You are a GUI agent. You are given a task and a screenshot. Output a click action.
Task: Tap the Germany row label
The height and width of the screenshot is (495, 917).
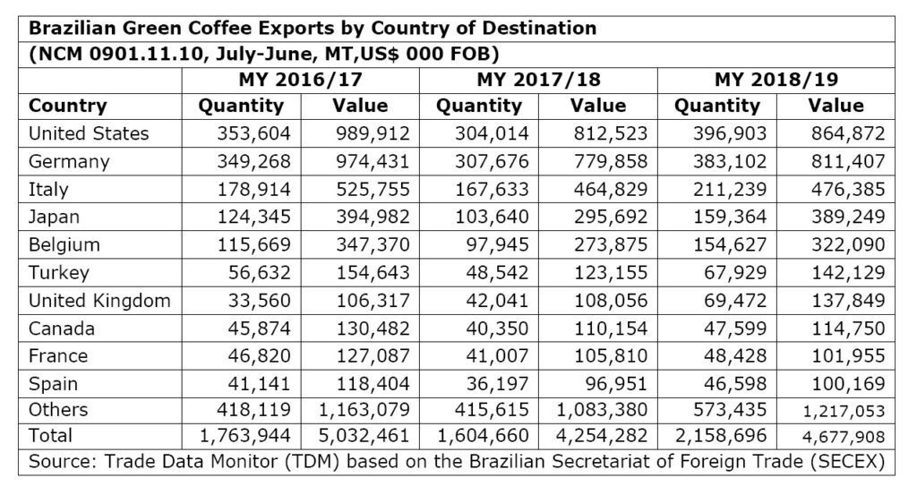click(69, 162)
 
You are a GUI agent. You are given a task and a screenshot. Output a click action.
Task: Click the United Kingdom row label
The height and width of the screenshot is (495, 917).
click(99, 301)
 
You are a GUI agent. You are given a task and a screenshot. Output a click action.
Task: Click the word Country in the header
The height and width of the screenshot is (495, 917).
click(68, 106)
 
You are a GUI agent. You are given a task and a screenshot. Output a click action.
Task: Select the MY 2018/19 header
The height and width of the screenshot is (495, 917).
click(776, 79)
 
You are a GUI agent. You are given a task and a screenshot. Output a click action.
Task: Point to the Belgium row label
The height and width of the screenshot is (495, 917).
click(64, 244)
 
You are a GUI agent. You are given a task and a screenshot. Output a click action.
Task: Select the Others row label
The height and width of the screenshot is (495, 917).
click(58, 410)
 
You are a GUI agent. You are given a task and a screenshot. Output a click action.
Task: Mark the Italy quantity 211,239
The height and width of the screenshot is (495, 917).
click(721, 190)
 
